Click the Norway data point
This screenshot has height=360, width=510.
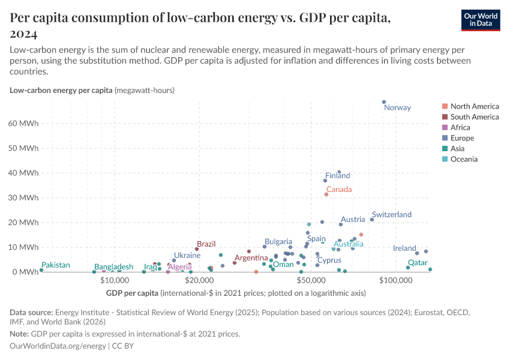coord(384,102)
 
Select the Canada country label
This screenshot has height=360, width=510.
coord(338,189)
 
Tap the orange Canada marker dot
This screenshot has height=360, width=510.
coord(326,194)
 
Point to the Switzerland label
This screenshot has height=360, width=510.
coord(391,215)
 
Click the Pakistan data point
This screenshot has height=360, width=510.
coord(41,270)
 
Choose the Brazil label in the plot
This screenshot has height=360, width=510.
coord(206,244)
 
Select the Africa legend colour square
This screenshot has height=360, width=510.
coord(444,127)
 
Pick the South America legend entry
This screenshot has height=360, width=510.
coord(474,117)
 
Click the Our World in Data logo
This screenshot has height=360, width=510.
coord(480,19)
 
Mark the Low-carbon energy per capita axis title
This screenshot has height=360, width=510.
coord(61,91)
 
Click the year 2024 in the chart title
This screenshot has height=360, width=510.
coord(25,34)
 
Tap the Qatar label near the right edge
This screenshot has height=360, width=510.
coord(418,263)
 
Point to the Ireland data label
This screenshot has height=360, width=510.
coord(404,248)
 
